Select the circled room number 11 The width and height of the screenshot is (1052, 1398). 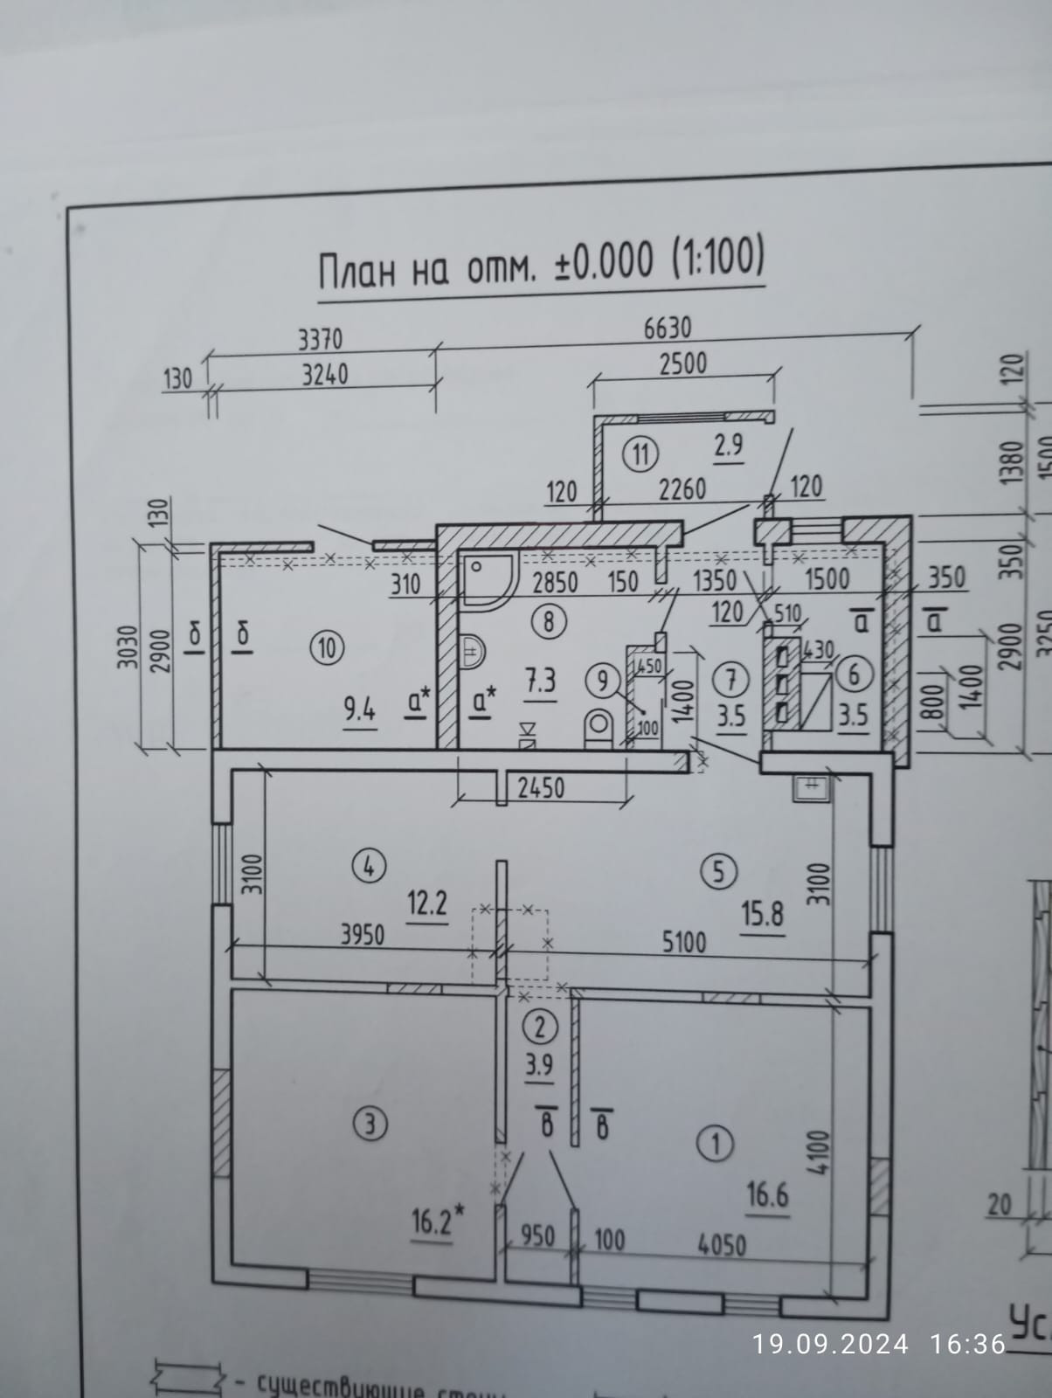[641, 454]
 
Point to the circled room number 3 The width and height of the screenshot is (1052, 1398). [371, 1124]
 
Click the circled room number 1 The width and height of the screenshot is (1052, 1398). [717, 1143]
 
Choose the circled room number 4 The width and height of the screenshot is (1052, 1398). [368, 866]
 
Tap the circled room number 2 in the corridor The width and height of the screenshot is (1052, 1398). [541, 1027]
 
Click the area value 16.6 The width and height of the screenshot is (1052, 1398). [767, 1194]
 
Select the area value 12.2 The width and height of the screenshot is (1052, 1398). [427, 902]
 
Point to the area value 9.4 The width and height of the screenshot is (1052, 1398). [358, 710]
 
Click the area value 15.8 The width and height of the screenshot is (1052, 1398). [762, 914]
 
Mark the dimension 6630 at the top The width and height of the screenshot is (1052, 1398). [668, 328]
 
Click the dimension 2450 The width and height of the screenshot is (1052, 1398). [541, 788]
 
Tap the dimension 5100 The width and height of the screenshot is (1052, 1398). [684, 942]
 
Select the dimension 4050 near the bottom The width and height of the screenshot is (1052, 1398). [721, 1243]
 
